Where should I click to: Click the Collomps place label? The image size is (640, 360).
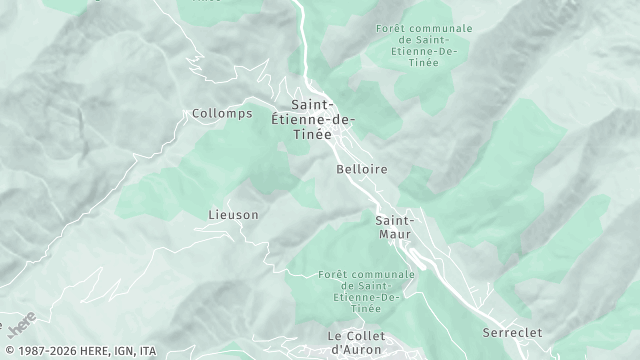(221, 114)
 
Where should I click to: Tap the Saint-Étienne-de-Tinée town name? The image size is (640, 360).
(313, 120)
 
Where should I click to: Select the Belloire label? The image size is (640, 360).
(362, 170)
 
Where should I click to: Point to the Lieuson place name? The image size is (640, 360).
(233, 214)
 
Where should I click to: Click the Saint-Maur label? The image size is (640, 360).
(395, 227)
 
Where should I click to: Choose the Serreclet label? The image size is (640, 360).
(512, 331)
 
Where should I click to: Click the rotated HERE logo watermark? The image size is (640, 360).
(22, 323)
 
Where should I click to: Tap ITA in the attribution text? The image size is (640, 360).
(148, 351)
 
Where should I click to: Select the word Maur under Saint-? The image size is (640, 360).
(395, 234)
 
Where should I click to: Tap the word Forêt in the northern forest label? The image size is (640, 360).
(393, 28)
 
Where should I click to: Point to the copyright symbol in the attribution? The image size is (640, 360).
(7, 351)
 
